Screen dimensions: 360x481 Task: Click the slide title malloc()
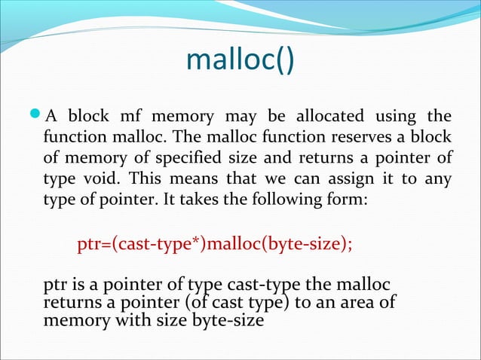tap(240, 63)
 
